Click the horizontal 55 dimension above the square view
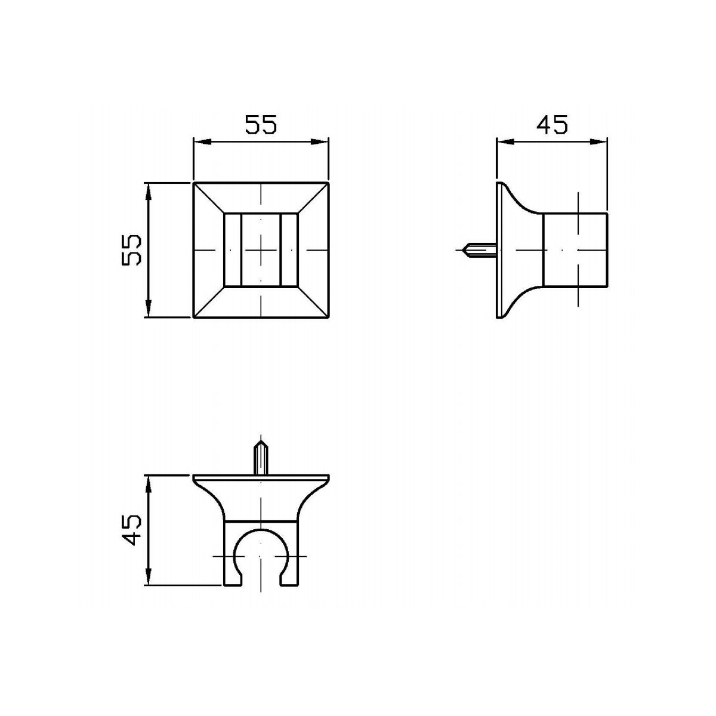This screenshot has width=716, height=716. pyautogui.click(x=261, y=125)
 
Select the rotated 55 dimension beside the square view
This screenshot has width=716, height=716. pyautogui.click(x=131, y=249)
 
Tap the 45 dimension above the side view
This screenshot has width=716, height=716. pyautogui.click(x=552, y=125)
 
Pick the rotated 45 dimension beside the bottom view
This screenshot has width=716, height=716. pyautogui.click(x=131, y=530)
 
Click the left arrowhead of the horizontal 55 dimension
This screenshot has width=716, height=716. pyautogui.click(x=202, y=141)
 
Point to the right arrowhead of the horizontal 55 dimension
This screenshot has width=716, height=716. pyautogui.click(x=320, y=141)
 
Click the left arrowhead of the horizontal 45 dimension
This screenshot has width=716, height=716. pyautogui.click(x=505, y=141)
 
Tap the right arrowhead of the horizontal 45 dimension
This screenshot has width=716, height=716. pyautogui.click(x=598, y=141)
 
